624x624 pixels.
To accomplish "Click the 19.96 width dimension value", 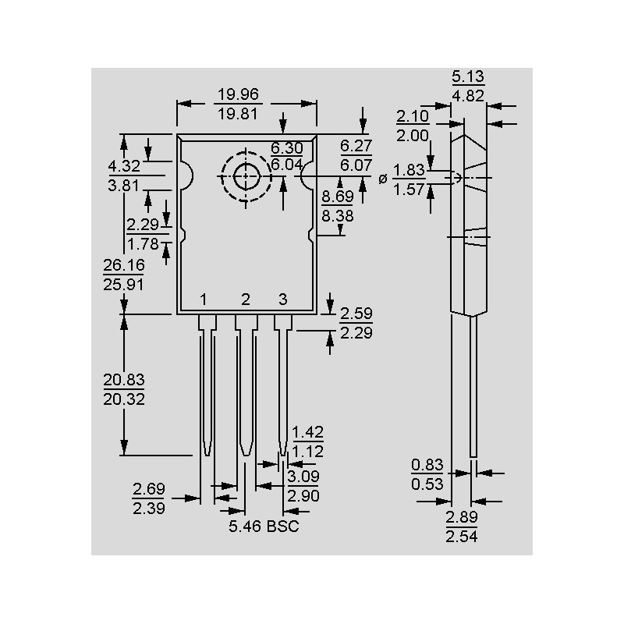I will pyautogui.click(x=238, y=95).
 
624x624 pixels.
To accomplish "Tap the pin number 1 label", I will pyautogui.click(x=203, y=300).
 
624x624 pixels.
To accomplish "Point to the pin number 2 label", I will pyautogui.click(x=245, y=300).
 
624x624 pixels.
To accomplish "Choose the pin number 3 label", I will pyautogui.click(x=283, y=300).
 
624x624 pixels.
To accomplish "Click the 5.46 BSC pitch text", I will pyautogui.click(x=264, y=526).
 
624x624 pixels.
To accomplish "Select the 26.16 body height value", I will pyautogui.click(x=124, y=266).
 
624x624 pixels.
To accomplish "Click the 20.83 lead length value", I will pyautogui.click(x=124, y=381).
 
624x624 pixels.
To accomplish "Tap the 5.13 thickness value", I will pyautogui.click(x=468, y=76).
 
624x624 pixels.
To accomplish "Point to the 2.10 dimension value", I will pyautogui.click(x=413, y=116).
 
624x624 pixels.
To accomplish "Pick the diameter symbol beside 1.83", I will pyautogui.click(x=382, y=179).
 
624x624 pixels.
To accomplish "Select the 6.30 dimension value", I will pyautogui.click(x=286, y=147).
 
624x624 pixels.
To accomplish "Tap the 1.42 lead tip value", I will pyautogui.click(x=307, y=433).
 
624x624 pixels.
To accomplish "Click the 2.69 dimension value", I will pyautogui.click(x=148, y=490).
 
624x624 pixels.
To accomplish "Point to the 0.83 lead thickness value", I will pyautogui.click(x=427, y=465).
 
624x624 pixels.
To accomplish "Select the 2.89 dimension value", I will pyautogui.click(x=461, y=518).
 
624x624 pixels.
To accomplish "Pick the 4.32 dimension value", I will pyautogui.click(x=124, y=166).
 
